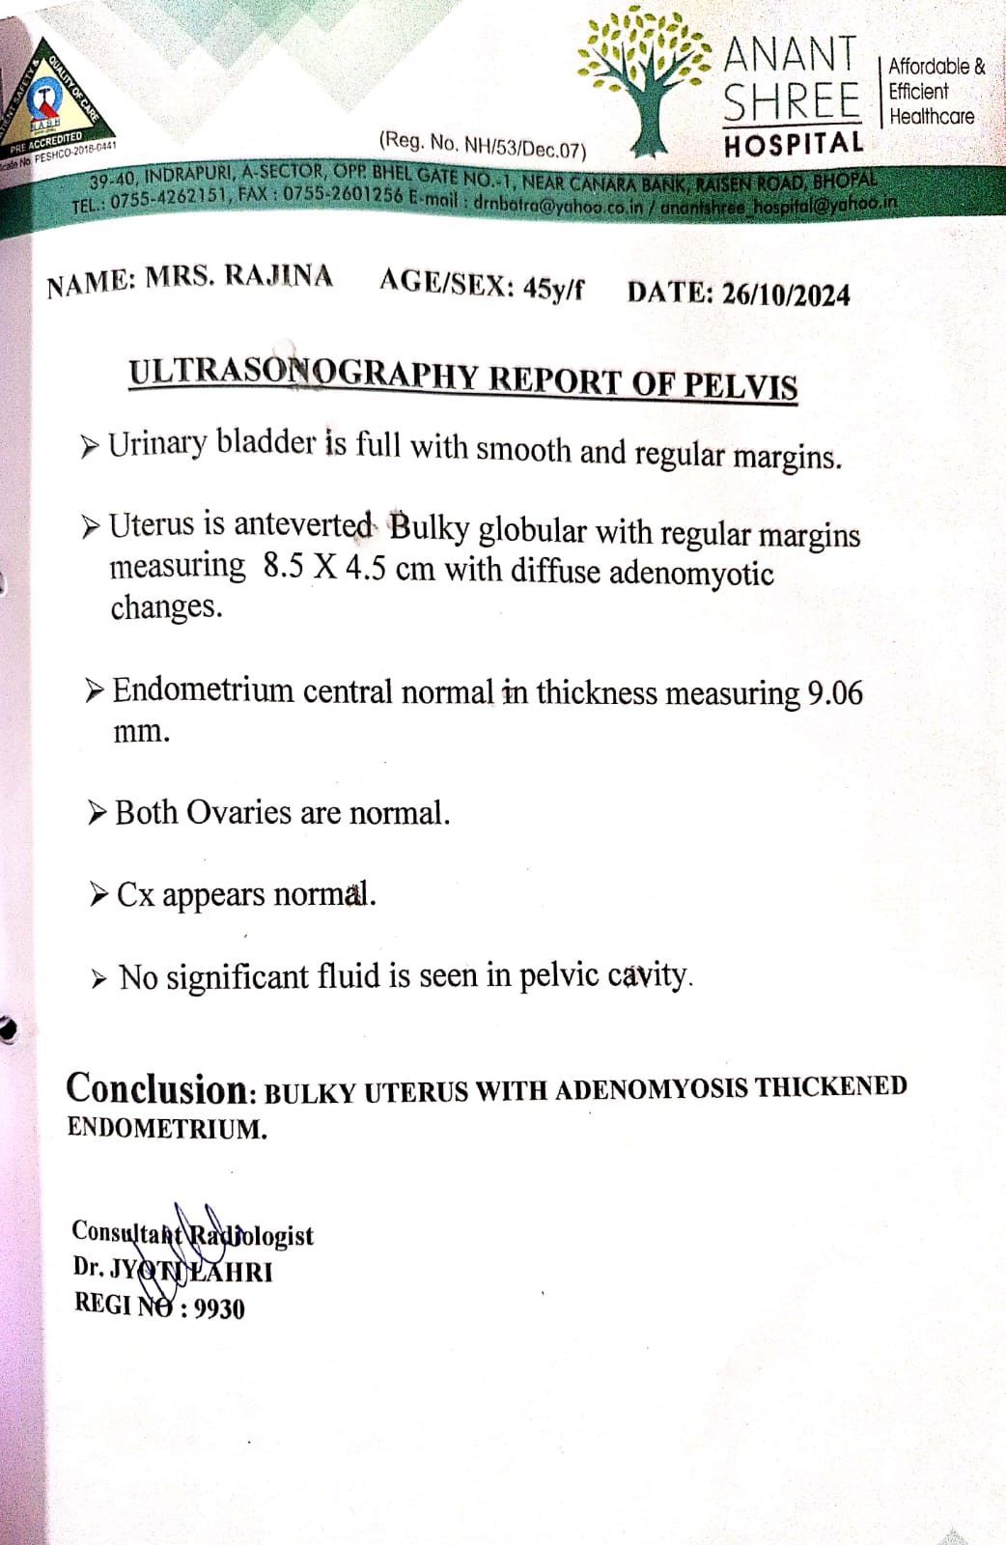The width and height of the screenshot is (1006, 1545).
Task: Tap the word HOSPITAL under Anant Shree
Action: point(794,145)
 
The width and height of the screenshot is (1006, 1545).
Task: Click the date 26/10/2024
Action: point(786,295)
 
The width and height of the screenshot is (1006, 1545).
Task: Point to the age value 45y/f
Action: point(552,288)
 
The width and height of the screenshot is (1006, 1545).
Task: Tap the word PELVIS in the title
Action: point(741,385)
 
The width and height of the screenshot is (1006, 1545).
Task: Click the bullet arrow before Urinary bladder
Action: point(91,445)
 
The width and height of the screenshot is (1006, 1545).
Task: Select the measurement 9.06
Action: point(835,693)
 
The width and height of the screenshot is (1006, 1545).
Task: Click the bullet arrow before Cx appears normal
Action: point(98,895)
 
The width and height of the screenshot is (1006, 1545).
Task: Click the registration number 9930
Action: point(219,1308)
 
